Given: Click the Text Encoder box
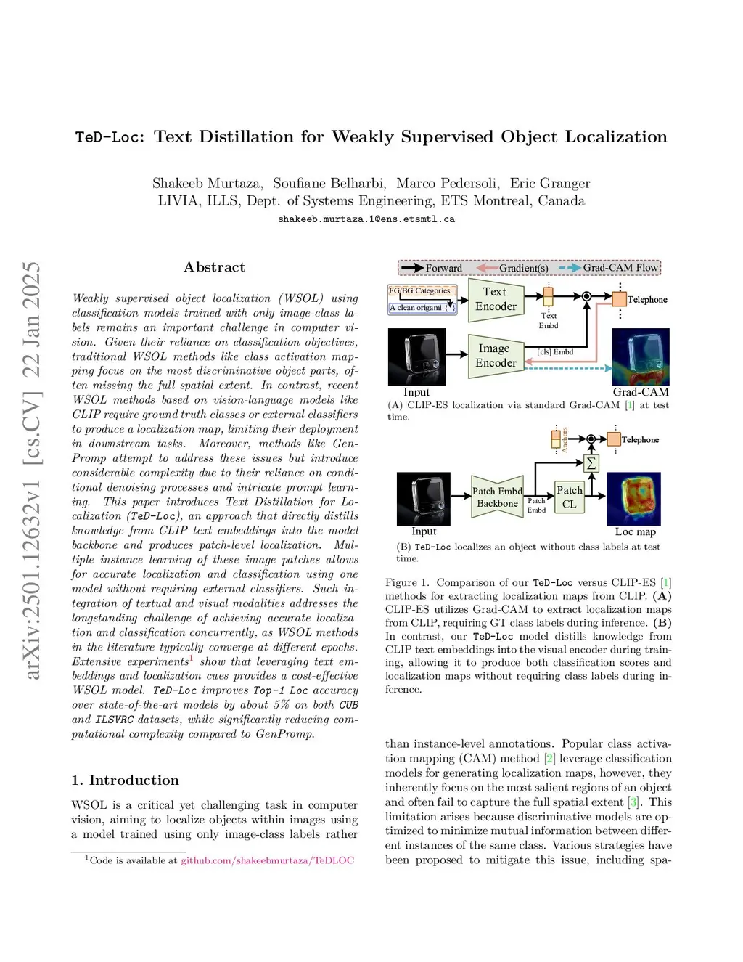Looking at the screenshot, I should click(496, 299).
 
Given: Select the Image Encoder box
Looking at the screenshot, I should click(496, 355).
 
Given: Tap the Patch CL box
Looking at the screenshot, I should click(569, 497).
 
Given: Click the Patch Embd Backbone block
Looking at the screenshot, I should click(497, 497).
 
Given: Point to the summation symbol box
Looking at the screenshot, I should click(591, 463).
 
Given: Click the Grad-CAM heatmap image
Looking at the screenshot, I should click(640, 356).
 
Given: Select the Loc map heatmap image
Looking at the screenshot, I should click(633, 498).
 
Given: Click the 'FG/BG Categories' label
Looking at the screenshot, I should click(419, 290).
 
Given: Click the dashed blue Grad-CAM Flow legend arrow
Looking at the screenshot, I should click(569, 268).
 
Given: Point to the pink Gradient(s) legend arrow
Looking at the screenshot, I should click(487, 268).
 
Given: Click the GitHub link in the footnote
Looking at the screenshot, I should click(267, 860).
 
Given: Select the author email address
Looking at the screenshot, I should click(366, 219).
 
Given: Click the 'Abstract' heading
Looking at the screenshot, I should click(214, 267).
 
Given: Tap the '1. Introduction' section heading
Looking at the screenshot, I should click(125, 780).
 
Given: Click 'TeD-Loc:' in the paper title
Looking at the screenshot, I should click(110, 137).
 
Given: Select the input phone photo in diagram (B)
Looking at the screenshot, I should click(424, 498).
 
